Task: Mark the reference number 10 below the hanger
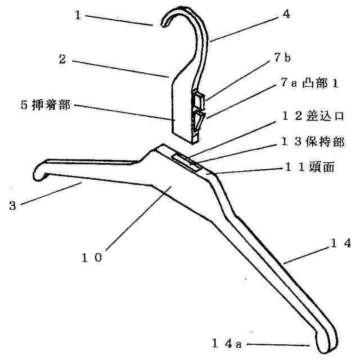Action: [91, 258]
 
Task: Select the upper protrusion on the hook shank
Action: [198, 100]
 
